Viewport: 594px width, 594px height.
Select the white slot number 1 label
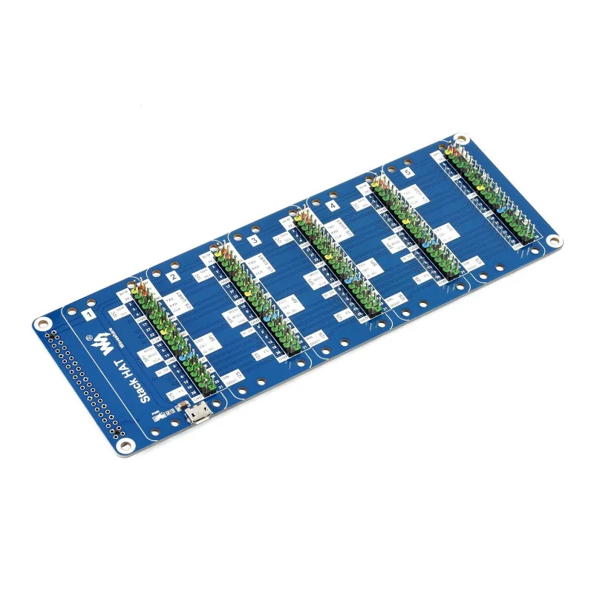click(90, 315)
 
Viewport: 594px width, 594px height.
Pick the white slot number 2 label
click(172, 277)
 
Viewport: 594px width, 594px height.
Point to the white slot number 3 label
click(255, 241)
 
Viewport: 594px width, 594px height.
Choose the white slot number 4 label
click(332, 205)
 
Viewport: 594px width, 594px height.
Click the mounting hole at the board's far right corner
click(553, 241)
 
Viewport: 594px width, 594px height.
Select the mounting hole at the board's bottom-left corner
click(122, 446)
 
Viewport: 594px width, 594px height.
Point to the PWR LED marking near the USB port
click(157, 413)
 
